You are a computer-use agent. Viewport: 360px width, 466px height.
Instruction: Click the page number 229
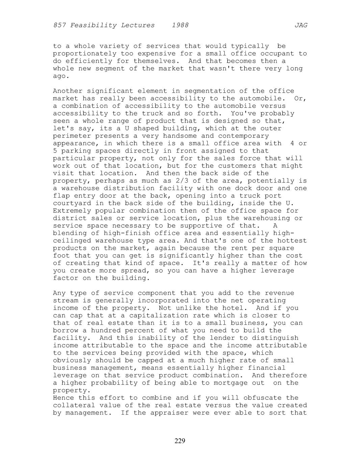(x=180, y=441)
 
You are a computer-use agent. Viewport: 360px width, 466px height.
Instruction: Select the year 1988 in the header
(x=180, y=25)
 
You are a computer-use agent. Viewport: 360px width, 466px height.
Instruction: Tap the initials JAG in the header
(x=301, y=25)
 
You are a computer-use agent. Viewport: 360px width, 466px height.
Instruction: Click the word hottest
(x=292, y=241)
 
